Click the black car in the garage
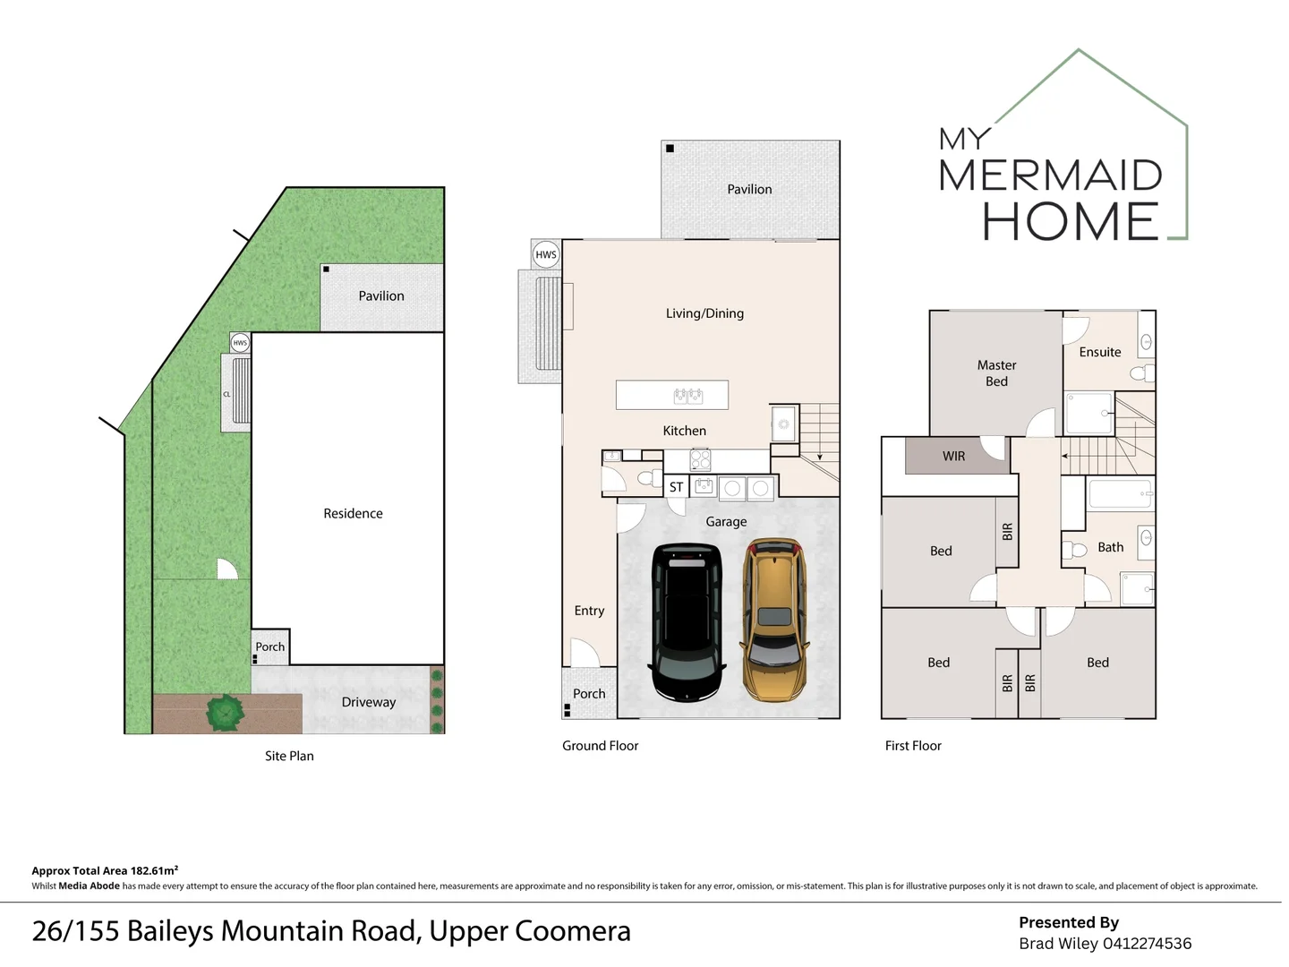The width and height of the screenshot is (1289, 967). [x=687, y=622]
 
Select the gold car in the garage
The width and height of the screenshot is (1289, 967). [x=774, y=620]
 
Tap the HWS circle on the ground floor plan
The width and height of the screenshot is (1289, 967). [x=545, y=255]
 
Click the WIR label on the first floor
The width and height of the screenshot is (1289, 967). [x=953, y=457]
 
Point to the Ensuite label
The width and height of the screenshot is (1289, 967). [x=1100, y=352]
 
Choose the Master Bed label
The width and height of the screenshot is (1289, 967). [x=996, y=372]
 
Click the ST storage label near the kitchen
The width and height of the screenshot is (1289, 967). [x=676, y=487]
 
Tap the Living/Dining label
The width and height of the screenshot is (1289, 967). [x=704, y=313]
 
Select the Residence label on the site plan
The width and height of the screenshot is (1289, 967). [x=353, y=513]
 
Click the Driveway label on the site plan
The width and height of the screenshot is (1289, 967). [x=369, y=702]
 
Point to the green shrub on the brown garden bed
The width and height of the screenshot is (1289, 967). [x=225, y=713]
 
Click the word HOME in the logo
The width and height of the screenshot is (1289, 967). [x=1071, y=221]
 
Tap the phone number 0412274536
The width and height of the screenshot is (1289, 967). [x=1147, y=944]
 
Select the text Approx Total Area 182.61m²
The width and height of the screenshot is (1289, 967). [x=105, y=870]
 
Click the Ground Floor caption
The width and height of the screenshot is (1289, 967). [x=600, y=746]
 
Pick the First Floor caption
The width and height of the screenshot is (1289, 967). [x=913, y=746]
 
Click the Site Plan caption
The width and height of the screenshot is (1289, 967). [x=289, y=756]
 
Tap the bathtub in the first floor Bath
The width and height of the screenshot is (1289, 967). [x=1121, y=493]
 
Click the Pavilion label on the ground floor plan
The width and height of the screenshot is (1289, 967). [x=749, y=189]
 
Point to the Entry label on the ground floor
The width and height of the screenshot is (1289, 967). [x=589, y=611]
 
